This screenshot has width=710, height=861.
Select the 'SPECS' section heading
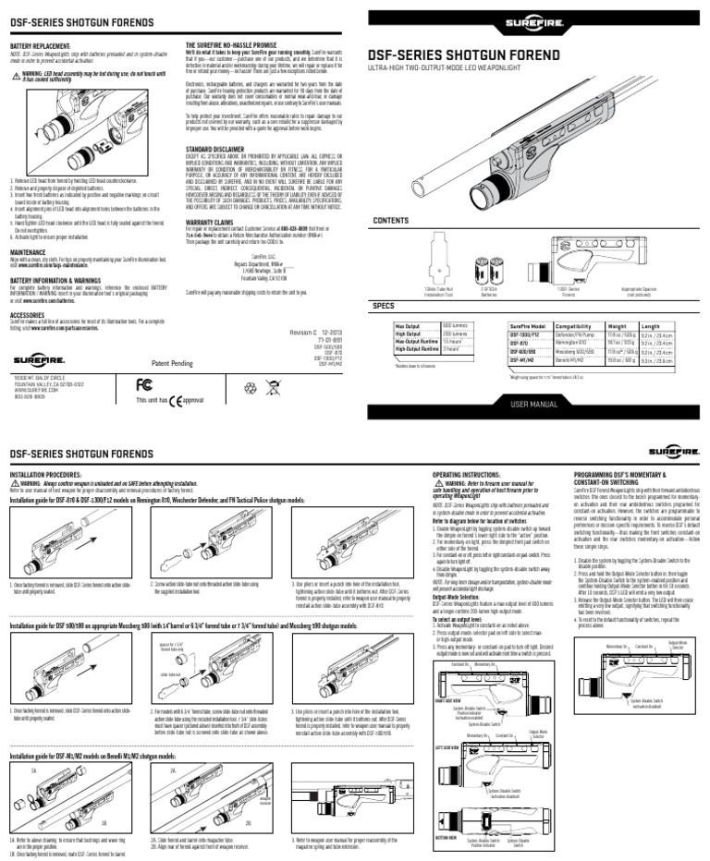pos(383,304)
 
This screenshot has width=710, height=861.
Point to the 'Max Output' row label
pos(408,324)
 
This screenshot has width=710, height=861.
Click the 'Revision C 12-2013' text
pos(317,331)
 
